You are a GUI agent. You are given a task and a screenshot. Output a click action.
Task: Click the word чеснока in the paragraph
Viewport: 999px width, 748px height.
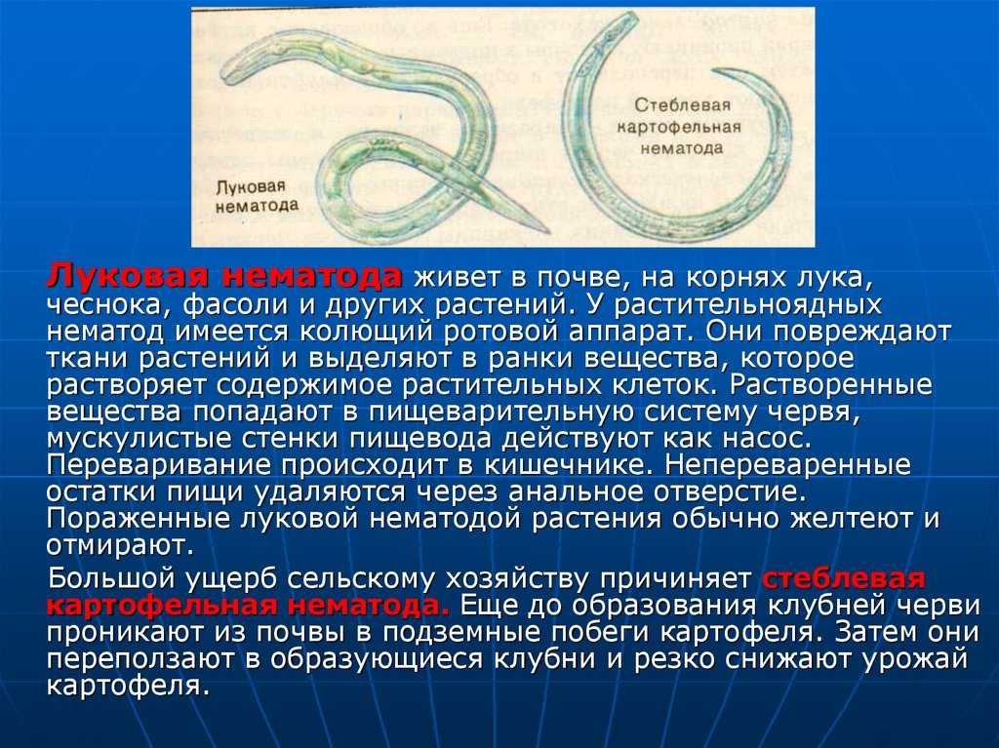[x=104, y=304]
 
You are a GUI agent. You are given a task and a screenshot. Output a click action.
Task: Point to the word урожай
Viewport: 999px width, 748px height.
[x=915, y=659]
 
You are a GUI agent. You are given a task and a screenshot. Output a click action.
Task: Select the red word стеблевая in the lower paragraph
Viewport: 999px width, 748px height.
[x=844, y=578]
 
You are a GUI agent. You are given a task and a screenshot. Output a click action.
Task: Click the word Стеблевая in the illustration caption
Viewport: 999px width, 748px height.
[x=682, y=105]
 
